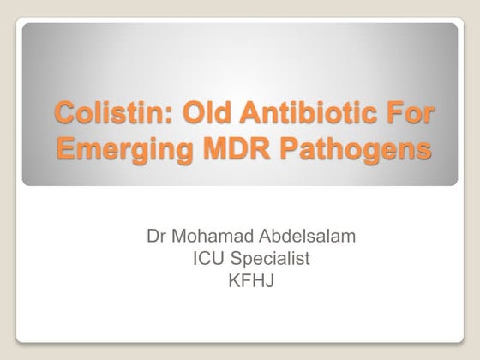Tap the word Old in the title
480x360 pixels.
(x=190, y=112)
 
